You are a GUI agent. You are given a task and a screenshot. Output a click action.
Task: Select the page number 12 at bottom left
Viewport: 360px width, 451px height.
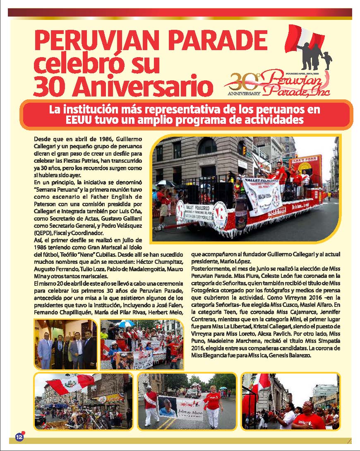click(x=19, y=437)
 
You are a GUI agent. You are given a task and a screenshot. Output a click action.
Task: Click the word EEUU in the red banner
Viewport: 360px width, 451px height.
click(x=79, y=120)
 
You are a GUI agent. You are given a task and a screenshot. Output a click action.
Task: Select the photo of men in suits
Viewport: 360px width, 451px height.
click(x=66, y=344)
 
